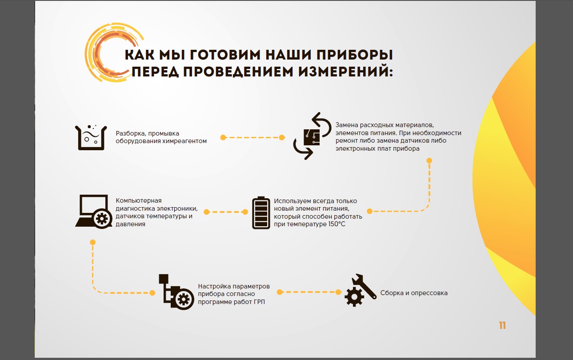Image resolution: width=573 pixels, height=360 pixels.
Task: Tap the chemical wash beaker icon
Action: (91, 138)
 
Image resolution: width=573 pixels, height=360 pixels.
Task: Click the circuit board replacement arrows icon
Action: (312, 136)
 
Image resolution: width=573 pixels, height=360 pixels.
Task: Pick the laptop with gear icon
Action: (94, 212)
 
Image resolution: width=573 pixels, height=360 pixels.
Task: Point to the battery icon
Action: (261, 213)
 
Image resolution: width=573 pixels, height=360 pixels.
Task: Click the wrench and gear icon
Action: (360, 290)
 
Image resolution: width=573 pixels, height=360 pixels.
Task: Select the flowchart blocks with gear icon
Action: (176, 292)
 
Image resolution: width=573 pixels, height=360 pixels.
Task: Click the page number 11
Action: (502, 325)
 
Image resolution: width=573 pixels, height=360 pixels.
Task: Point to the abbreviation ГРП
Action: (259, 302)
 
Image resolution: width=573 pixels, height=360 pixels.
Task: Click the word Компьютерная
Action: (139, 201)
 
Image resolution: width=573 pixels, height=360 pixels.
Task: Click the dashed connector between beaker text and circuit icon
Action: (252, 138)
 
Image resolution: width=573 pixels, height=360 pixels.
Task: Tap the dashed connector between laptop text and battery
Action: (226, 212)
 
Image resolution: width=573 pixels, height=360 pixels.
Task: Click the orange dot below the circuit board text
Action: (429, 160)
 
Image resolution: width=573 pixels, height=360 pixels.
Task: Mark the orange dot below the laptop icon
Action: (92, 242)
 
